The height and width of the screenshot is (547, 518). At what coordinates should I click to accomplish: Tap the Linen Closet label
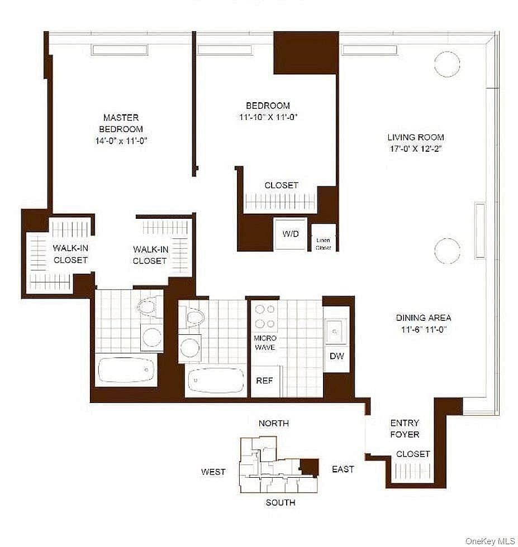coord(324,243)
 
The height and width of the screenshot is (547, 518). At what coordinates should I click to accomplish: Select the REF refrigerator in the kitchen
coord(264,381)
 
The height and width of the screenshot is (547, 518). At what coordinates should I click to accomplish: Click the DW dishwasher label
coord(336,356)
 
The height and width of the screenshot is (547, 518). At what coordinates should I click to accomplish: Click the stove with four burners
coord(265,316)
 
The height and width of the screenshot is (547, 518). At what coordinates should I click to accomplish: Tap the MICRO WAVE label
coord(265,343)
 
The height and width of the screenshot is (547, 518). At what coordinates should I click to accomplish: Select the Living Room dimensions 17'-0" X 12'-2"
coord(416,149)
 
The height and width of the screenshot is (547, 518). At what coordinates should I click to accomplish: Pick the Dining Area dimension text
coord(422,329)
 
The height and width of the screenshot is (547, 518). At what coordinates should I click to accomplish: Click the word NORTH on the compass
coord(273,423)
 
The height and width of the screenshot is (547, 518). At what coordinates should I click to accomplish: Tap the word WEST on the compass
coord(213,472)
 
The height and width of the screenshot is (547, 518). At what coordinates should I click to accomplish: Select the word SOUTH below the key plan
coord(280,502)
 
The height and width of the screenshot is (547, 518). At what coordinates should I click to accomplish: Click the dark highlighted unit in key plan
coord(309,466)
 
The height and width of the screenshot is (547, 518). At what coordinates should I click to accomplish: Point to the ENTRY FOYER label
coord(405,428)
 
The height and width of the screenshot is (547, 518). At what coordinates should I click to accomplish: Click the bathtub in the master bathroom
coord(126,370)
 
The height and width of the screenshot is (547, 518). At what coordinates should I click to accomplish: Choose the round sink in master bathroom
coord(150,336)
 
